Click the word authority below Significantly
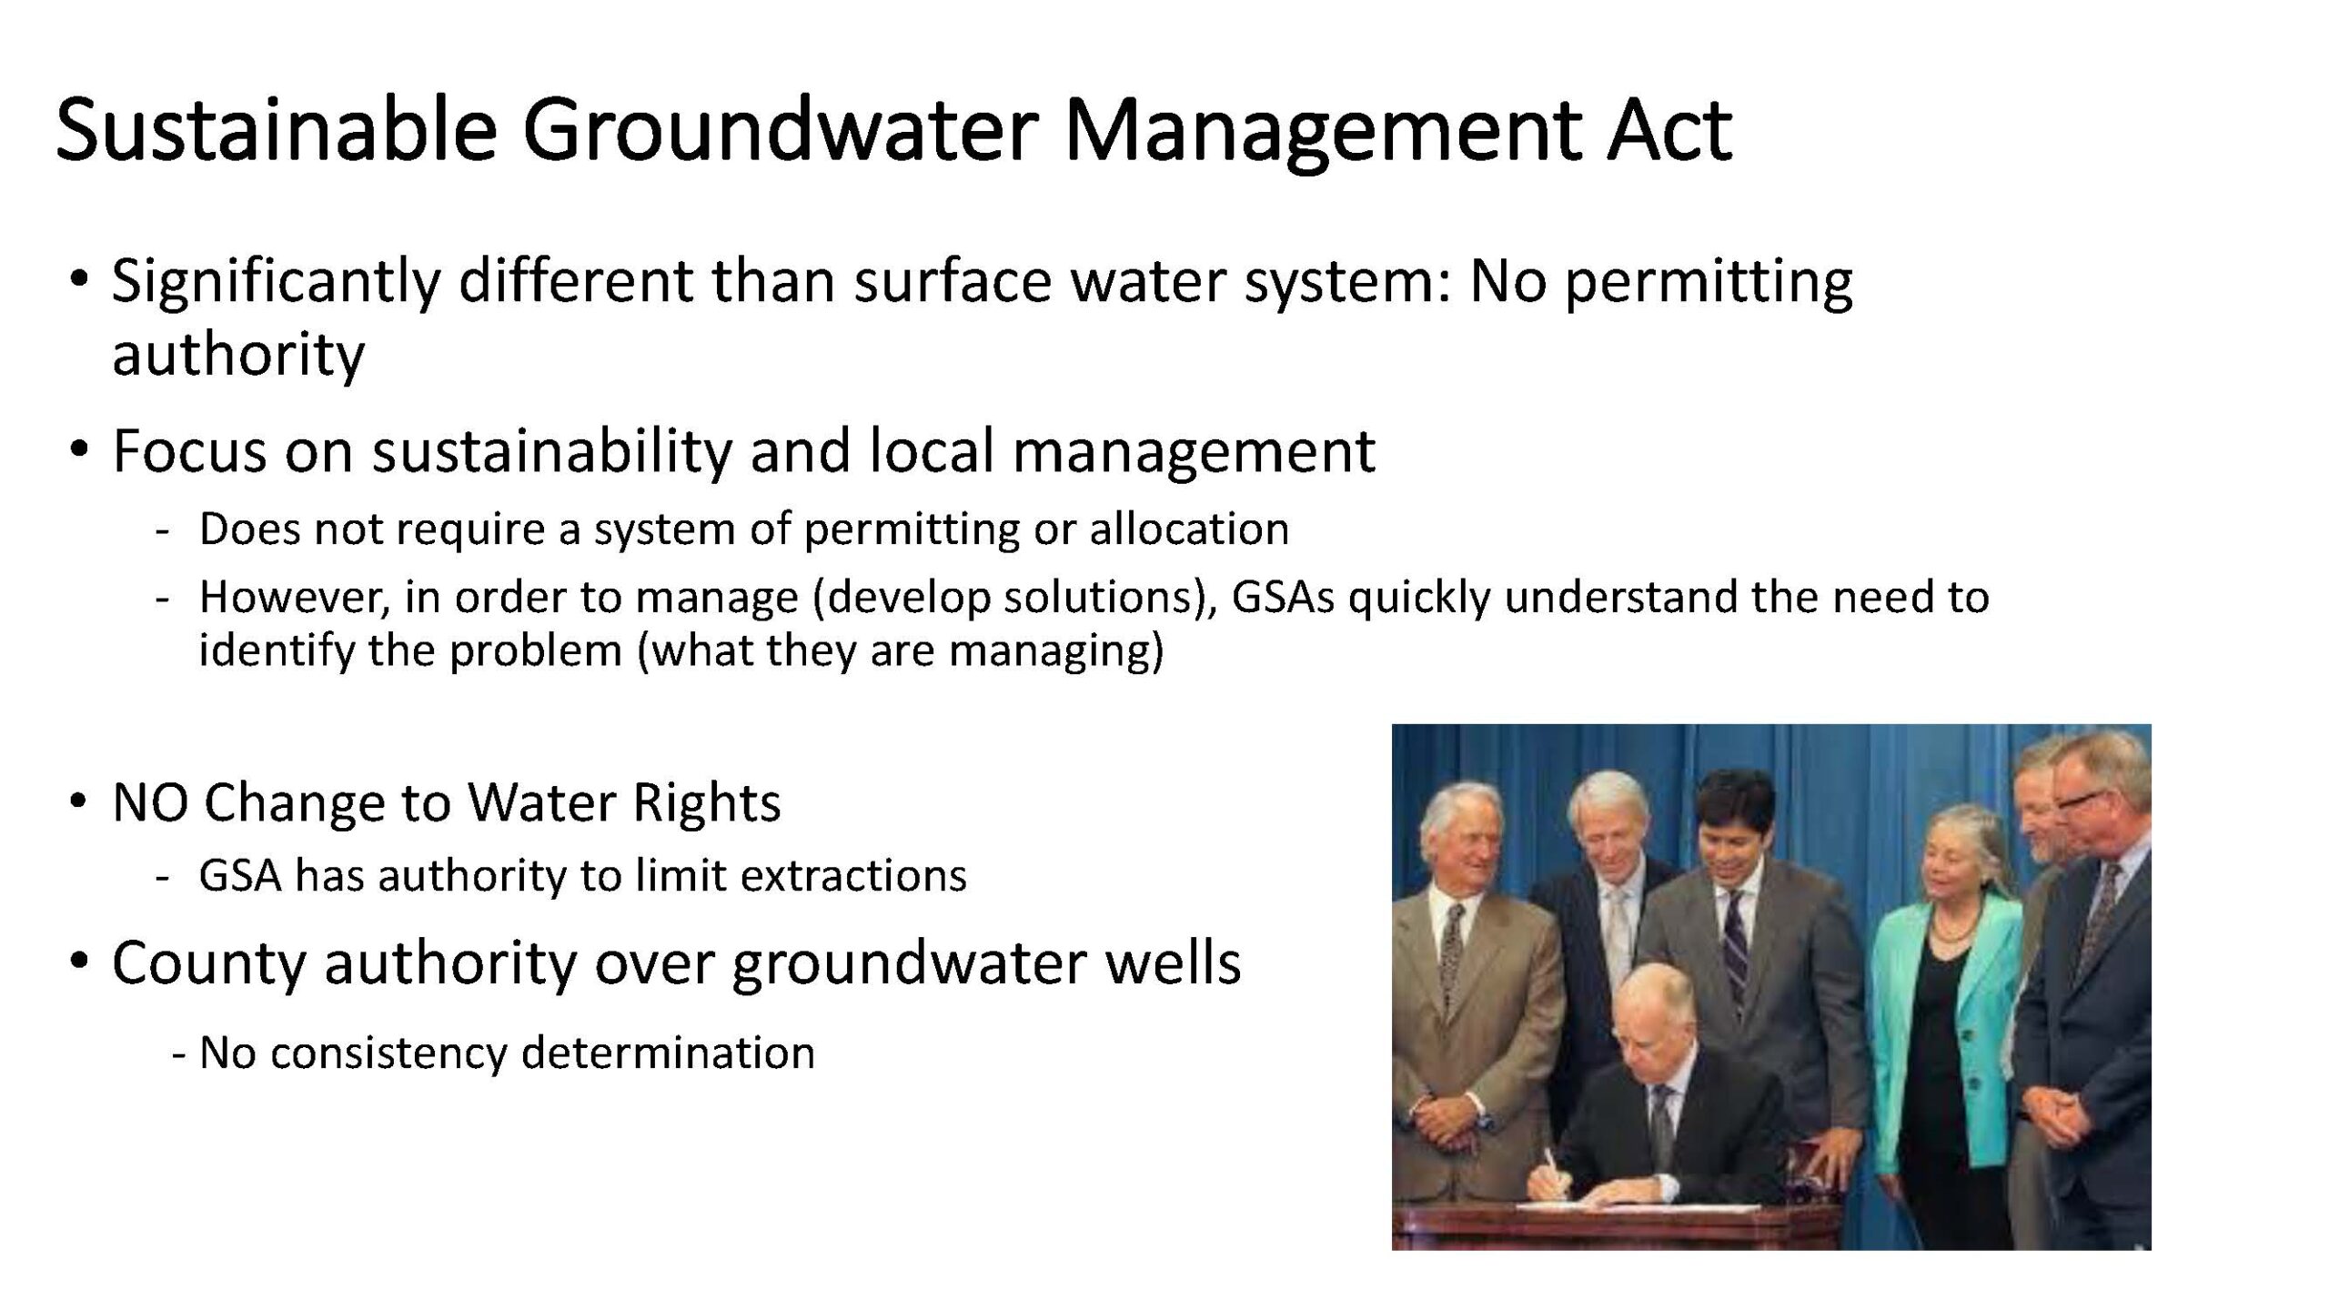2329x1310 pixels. coord(238,354)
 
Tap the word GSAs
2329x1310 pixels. coord(1283,598)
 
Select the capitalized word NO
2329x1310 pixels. coord(149,803)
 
